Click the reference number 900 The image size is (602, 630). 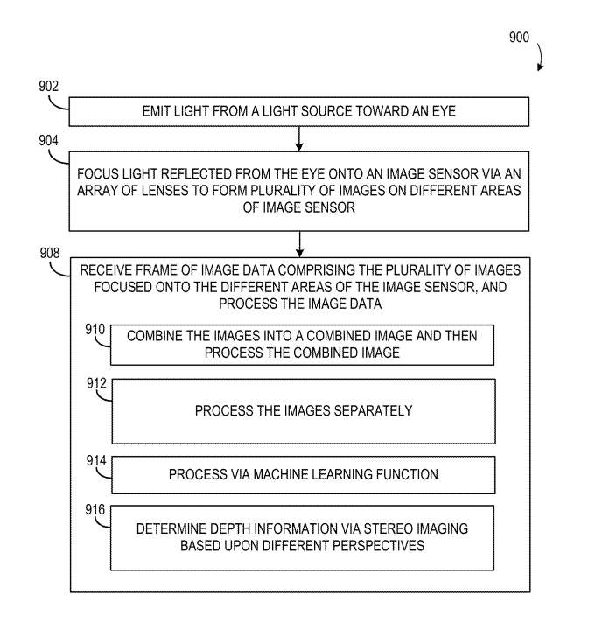coord(518,38)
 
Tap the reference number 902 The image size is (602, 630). coord(49,86)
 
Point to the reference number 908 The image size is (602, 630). coord(49,254)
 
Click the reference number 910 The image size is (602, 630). coord(94,330)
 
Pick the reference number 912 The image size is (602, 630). coord(94,382)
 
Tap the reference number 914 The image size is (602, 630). coord(94,459)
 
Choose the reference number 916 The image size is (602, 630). coord(94,509)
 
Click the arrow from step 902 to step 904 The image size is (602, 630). coord(299,137)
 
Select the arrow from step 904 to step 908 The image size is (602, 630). coord(299,242)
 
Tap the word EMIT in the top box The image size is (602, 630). coord(156,112)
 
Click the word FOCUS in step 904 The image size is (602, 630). coord(99,171)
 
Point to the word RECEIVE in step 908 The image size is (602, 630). coord(108,269)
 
